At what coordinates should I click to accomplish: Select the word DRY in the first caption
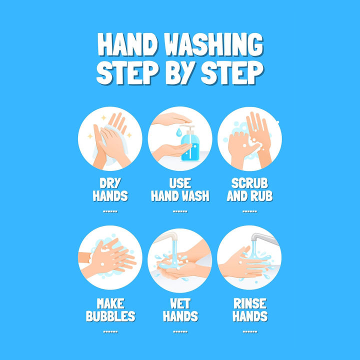110,183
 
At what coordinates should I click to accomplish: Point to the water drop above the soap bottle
178,132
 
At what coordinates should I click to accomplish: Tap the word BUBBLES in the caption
110,316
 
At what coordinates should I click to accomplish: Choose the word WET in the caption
180,303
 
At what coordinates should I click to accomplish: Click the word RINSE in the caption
250,303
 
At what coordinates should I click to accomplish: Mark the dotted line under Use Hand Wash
180,211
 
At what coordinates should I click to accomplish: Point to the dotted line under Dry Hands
110,211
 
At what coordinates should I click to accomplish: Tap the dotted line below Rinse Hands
250,331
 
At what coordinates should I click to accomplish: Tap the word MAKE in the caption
110,303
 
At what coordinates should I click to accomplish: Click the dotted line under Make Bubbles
110,331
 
